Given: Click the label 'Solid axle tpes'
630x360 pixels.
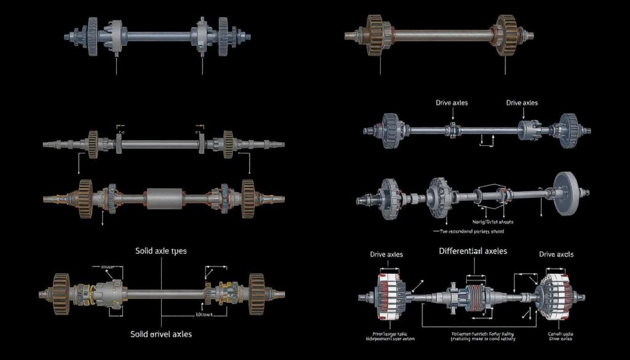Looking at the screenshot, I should click(x=161, y=252).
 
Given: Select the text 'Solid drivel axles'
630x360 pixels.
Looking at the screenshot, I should click(x=161, y=334).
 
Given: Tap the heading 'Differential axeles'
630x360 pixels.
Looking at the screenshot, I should click(x=473, y=251).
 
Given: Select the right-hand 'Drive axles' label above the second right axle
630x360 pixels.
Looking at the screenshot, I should click(x=522, y=103).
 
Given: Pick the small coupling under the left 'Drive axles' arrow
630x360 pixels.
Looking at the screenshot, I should click(x=452, y=130).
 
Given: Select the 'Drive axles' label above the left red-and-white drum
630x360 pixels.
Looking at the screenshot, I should click(x=386, y=254).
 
